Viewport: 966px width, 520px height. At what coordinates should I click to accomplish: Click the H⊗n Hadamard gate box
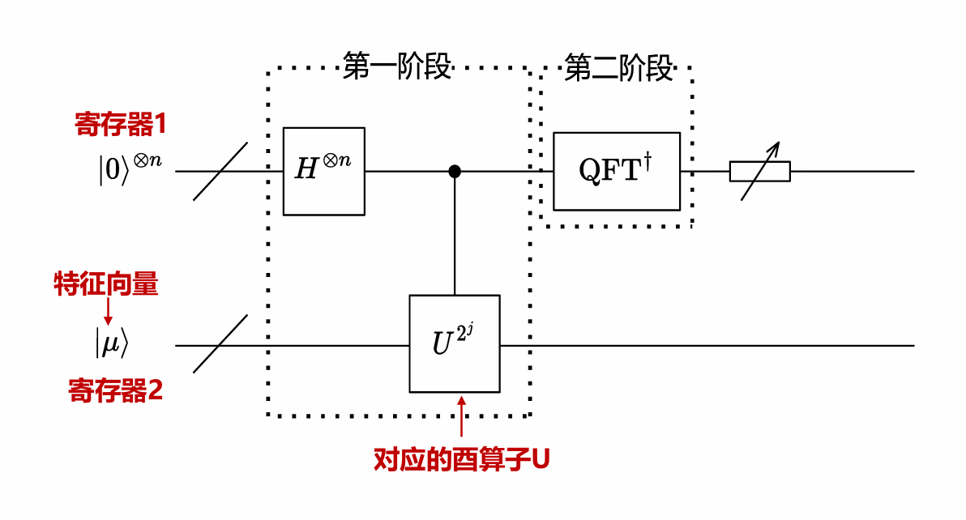pyautogui.click(x=324, y=171)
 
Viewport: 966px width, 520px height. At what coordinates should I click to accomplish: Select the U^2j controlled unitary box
pyautogui.click(x=454, y=343)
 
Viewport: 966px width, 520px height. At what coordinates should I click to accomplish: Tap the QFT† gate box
pyautogui.click(x=617, y=171)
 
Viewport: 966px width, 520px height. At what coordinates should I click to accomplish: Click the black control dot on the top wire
pyautogui.click(x=455, y=171)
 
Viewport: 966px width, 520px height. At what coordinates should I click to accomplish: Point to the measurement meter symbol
pyautogui.click(x=760, y=170)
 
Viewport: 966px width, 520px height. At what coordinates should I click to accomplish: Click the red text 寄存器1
pyautogui.click(x=121, y=125)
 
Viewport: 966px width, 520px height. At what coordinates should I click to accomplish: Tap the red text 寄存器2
pyautogui.click(x=116, y=392)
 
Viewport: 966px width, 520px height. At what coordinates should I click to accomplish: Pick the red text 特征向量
pyautogui.click(x=106, y=285)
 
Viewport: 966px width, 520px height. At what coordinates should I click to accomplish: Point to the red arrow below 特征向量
pyautogui.click(x=107, y=312)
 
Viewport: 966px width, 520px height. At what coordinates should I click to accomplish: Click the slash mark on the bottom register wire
pyautogui.click(x=220, y=344)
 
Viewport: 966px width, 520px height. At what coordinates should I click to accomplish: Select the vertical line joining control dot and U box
pyautogui.click(x=455, y=235)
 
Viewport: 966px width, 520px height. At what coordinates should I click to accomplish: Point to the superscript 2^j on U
pyautogui.click(x=464, y=330)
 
